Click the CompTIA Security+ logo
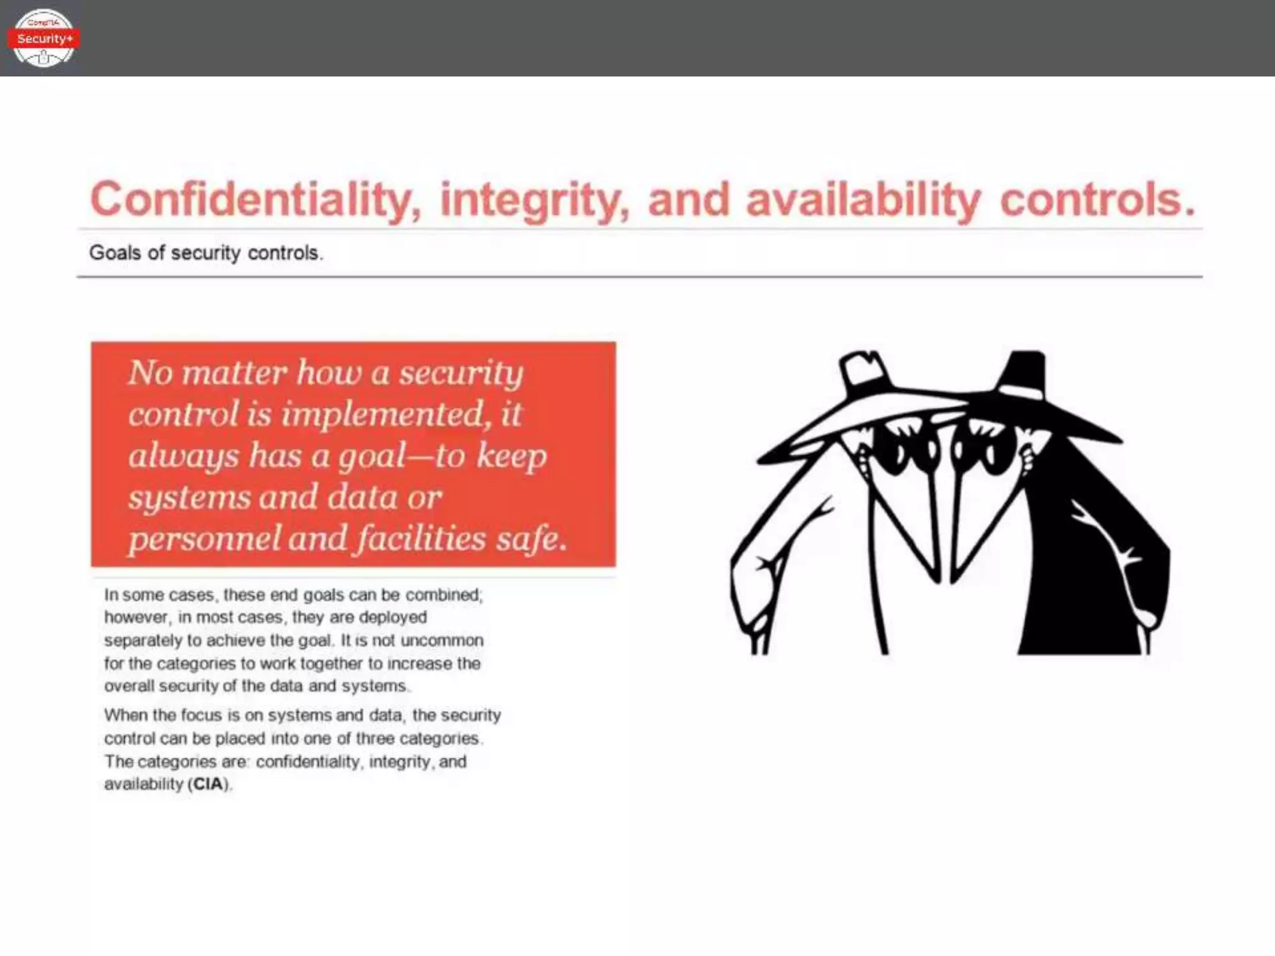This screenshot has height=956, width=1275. click(x=43, y=38)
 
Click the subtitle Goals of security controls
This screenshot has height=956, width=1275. click(x=205, y=253)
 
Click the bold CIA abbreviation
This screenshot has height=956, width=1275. click(x=208, y=784)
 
